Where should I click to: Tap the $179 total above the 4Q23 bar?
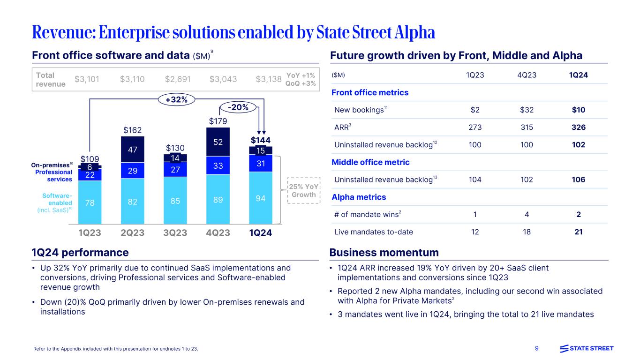(x=218, y=121)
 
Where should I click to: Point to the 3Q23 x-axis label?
(x=175, y=232)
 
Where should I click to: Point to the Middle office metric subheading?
(x=370, y=162)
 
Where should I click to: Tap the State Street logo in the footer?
(x=587, y=348)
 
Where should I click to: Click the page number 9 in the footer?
(x=536, y=348)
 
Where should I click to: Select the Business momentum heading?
(x=384, y=253)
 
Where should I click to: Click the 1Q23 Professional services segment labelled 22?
(x=90, y=174)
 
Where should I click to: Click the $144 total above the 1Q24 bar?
(x=260, y=140)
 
